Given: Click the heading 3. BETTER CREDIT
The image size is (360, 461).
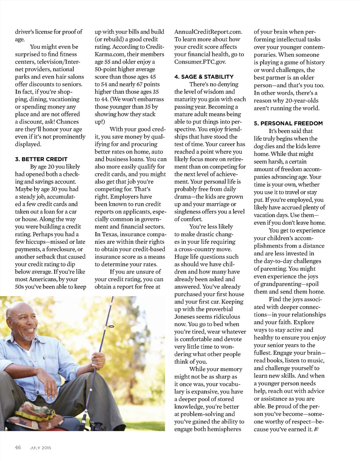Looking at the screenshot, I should coord(41,159).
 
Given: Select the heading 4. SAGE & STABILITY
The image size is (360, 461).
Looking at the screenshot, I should coord(204,77).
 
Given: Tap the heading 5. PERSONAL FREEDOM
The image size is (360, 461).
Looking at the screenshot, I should coord(288,123).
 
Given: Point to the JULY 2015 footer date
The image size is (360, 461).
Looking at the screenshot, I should coord(41,448).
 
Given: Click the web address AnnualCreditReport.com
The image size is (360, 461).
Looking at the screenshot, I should coord(208,32).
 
